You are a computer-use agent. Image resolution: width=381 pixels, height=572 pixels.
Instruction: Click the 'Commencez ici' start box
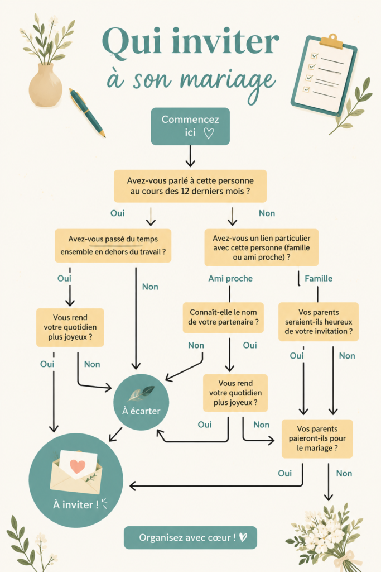[x=190, y=126]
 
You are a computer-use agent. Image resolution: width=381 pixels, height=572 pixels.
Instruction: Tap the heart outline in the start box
[x=209, y=133]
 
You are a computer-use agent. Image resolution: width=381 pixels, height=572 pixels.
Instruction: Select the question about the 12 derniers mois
[x=190, y=186]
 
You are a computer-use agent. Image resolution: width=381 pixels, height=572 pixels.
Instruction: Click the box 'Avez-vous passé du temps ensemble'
[x=113, y=246]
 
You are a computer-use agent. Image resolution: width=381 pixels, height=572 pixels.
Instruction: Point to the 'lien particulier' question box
[x=262, y=247]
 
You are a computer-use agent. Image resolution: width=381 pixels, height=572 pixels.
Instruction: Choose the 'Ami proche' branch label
[x=230, y=279]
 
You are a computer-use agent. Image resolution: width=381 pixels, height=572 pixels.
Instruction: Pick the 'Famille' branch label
[x=319, y=279]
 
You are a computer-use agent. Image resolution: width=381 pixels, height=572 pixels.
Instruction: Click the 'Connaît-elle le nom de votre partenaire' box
[x=223, y=317]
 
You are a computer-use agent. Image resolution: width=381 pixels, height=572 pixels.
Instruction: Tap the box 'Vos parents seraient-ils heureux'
[x=319, y=322]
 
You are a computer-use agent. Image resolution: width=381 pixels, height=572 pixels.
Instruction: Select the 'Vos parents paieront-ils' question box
[x=317, y=438]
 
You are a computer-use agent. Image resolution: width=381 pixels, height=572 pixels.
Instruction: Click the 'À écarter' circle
[x=141, y=402]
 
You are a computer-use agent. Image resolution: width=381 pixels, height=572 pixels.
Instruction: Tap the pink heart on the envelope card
[x=77, y=466]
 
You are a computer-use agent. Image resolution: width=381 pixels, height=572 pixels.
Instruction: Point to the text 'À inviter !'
[x=76, y=505]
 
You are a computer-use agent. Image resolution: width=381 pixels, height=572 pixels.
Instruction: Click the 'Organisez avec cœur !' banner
[x=191, y=538]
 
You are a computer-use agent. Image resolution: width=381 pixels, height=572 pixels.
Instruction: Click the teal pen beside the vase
[x=88, y=113]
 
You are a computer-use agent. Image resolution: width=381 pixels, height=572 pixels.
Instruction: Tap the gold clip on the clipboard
[x=331, y=41]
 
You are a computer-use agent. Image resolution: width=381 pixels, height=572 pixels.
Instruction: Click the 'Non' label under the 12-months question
[x=267, y=213]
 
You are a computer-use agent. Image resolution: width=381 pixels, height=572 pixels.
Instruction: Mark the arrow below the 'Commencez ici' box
[x=190, y=156]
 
